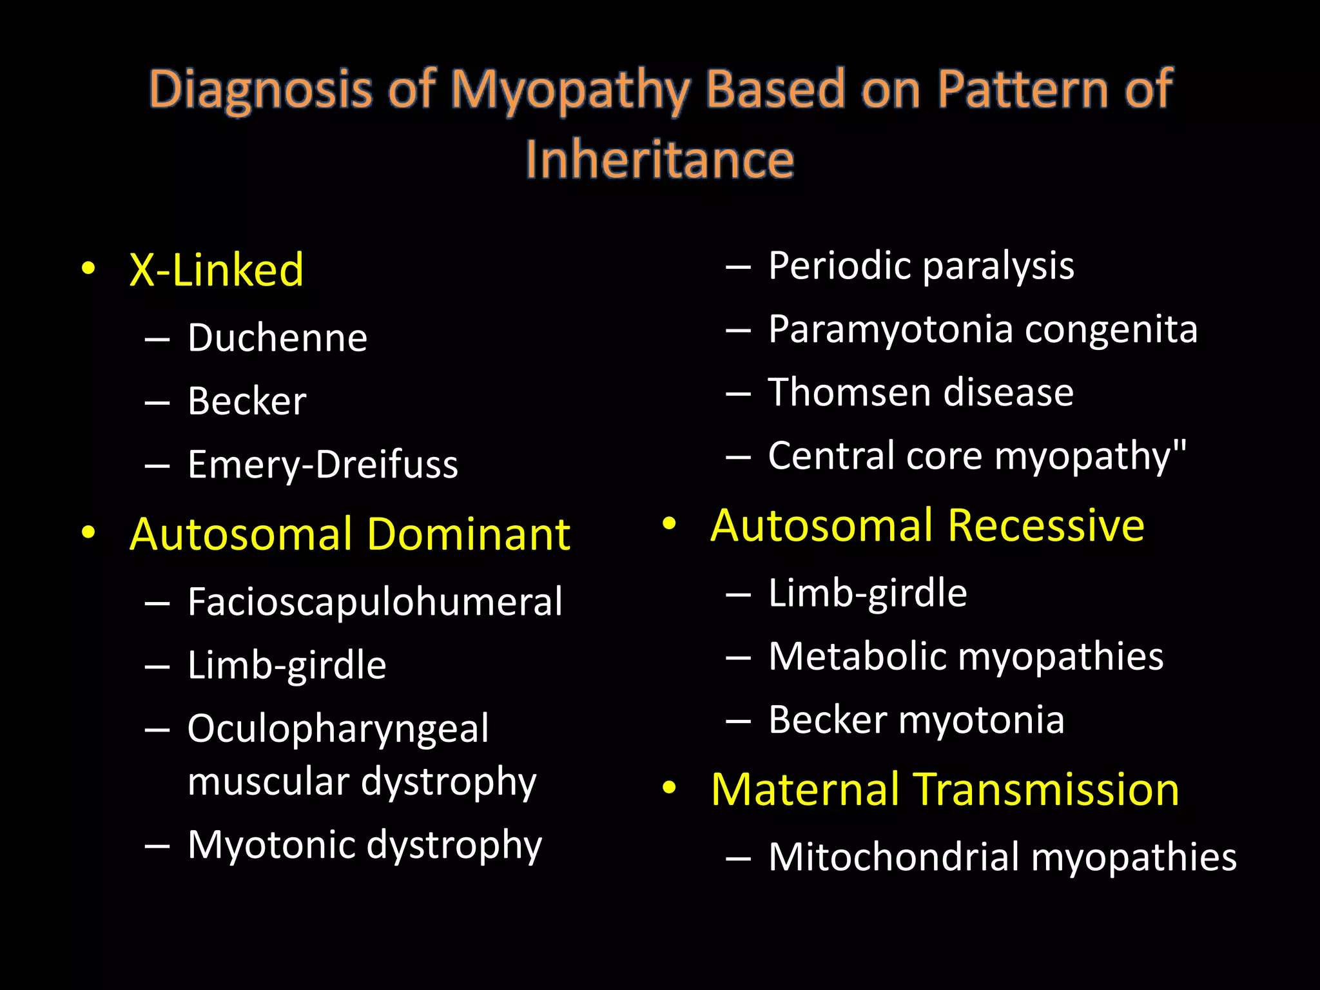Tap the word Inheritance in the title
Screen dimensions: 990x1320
[x=659, y=159]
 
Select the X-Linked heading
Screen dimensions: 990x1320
[x=216, y=269]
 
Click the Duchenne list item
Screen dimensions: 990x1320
[x=277, y=337]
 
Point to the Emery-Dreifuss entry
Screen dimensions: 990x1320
[x=322, y=464]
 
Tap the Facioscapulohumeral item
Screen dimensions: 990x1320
[x=374, y=601]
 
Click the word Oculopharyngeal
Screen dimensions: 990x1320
[x=338, y=729]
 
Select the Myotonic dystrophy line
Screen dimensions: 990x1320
[x=364, y=844]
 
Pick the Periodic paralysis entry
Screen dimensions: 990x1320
[x=921, y=266]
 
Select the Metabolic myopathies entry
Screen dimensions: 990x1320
[x=966, y=656]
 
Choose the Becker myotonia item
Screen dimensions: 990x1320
[x=916, y=719]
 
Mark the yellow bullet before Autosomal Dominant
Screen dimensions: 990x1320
[x=89, y=532]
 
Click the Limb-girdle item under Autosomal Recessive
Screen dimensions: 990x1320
[x=868, y=593]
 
